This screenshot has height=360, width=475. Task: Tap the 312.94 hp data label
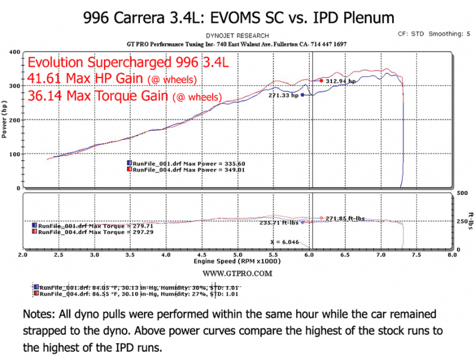[x=340, y=81]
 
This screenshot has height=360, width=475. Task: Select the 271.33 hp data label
[x=283, y=95]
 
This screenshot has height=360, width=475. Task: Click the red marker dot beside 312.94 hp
[x=322, y=80]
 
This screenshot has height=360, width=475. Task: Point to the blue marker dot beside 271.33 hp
[x=303, y=95]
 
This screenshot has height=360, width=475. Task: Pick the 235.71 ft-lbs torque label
[x=279, y=222]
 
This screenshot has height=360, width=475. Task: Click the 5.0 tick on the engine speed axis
[x=238, y=255]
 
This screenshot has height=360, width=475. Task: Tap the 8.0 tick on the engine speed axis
[x=452, y=255]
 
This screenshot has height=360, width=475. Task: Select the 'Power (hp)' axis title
[x=5, y=121]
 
